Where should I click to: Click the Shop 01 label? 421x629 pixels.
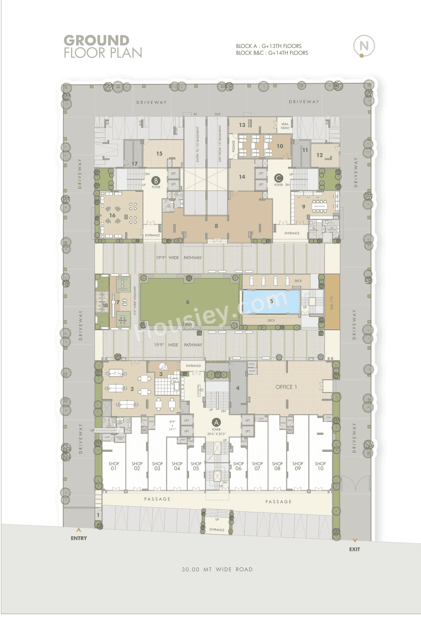pos(114,466)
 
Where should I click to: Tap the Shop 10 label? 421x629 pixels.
pos(320,466)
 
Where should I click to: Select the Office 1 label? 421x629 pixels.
pos(286,387)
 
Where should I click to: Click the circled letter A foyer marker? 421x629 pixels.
pos(216,423)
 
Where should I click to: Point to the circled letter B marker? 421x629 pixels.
pos(156,180)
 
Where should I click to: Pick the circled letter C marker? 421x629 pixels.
pos(279,178)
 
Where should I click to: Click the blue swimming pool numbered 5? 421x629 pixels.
pos(271,301)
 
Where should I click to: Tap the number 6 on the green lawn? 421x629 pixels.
pos(187,302)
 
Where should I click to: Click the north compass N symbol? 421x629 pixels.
pos(364,46)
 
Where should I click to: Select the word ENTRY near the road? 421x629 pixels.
pos(79,538)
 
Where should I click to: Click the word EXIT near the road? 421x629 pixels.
pos(354,549)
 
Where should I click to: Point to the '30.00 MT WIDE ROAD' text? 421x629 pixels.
pos(217,570)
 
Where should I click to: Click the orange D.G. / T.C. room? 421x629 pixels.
pos(332,302)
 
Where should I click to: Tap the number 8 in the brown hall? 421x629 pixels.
pos(216,226)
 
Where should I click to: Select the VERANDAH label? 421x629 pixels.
pos(285,126)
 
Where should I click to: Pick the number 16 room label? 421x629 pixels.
pos(112,215)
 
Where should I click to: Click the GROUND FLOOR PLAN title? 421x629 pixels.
pos(103,47)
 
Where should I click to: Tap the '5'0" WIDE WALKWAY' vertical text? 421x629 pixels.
pos(135,300)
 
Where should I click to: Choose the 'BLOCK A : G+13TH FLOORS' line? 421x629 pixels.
pos(268,46)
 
